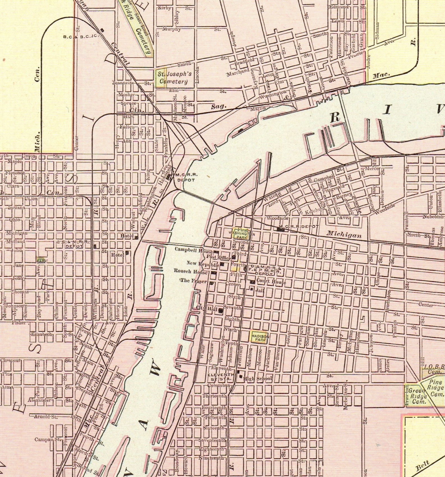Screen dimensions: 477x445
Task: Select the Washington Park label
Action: pos(242,233)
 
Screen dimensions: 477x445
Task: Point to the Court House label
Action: pos(271,282)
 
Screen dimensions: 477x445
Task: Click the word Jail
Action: pos(260,291)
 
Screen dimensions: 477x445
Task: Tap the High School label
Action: pos(258,379)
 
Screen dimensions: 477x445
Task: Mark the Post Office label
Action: pos(219,257)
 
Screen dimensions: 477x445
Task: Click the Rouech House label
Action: pos(191,271)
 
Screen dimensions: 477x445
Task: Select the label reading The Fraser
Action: pos(194,281)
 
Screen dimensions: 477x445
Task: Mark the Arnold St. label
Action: pos(46,416)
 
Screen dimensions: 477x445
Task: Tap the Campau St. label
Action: pos(48,439)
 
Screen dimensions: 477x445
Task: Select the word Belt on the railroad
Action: pos(423,467)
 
